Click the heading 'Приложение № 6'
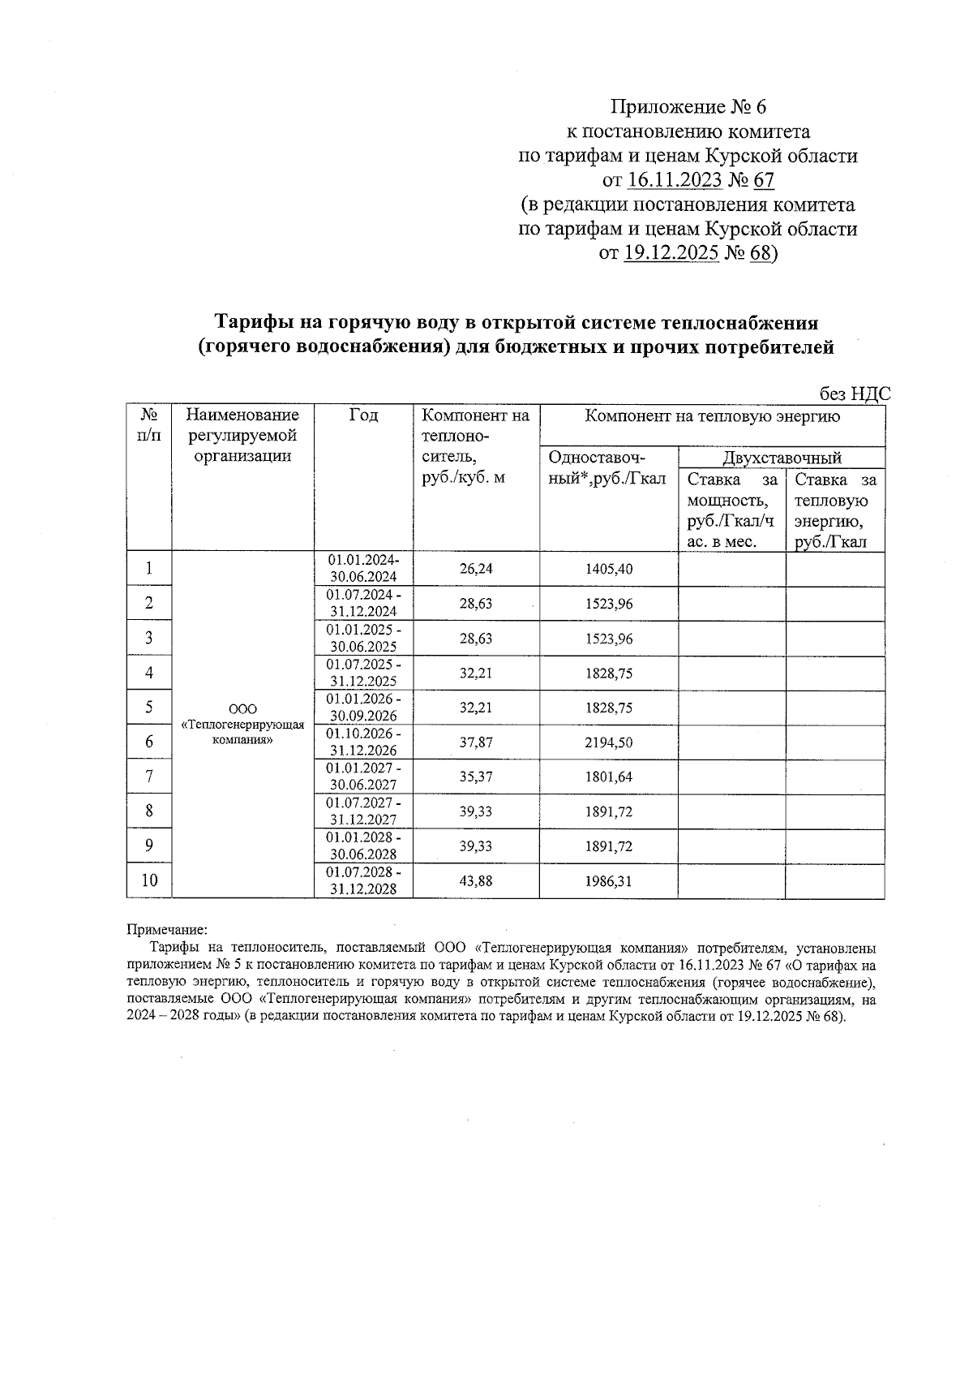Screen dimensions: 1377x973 pos(688,107)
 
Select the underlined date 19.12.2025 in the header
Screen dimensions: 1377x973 pos(671,254)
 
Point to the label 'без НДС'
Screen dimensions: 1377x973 pos(855,394)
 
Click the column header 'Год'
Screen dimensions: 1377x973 pos(363,416)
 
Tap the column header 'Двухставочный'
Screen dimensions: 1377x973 pos(782,458)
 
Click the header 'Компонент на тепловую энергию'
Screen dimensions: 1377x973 pos(713,417)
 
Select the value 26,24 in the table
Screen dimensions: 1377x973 pos(476,569)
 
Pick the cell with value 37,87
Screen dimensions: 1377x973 pos(476,742)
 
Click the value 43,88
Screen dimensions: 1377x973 pos(476,881)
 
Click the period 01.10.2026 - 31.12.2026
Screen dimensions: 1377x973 pos(363,742)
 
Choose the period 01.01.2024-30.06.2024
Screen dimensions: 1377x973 pos(363,568)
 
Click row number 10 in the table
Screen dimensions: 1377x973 pos(149,880)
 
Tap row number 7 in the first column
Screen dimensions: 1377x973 pos(149,777)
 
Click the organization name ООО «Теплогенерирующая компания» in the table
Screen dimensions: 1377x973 pos(243,725)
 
